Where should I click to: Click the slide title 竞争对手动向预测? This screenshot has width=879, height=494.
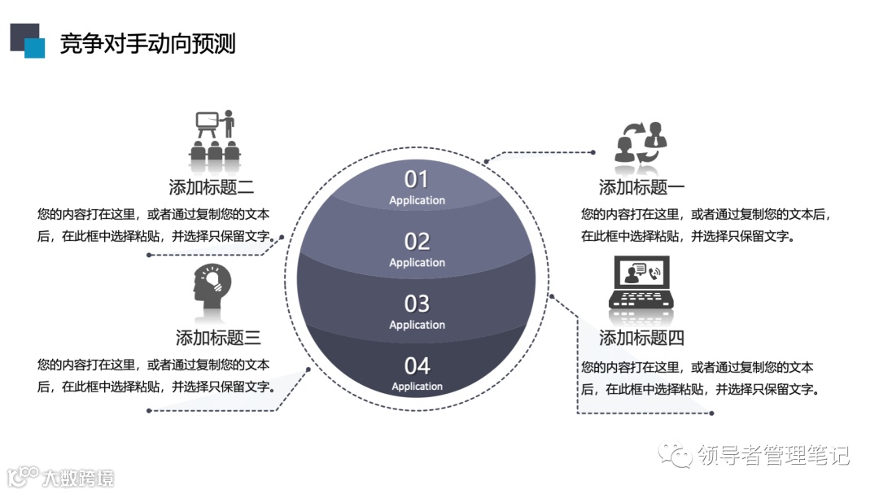click(147, 44)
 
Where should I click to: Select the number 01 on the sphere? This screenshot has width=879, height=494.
click(416, 179)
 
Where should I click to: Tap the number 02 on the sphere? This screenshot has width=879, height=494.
click(417, 242)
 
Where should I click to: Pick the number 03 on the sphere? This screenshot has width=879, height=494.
click(417, 304)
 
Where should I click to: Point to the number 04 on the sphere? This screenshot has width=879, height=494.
click(417, 365)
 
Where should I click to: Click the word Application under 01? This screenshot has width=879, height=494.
click(417, 200)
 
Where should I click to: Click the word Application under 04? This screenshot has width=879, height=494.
click(417, 387)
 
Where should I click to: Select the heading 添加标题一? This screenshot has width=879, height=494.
click(641, 187)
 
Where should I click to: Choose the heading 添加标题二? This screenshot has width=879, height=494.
click(211, 187)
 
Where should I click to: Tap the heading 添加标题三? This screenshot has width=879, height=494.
click(218, 337)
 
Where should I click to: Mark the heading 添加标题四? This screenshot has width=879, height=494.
click(641, 337)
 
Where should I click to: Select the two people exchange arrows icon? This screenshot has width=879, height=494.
click(641, 142)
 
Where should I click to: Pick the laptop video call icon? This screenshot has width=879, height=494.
click(641, 283)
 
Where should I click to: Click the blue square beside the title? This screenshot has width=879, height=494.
click(34, 48)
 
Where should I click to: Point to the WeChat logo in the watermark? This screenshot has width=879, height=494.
click(676, 455)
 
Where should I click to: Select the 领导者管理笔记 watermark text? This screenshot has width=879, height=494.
click(773, 455)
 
